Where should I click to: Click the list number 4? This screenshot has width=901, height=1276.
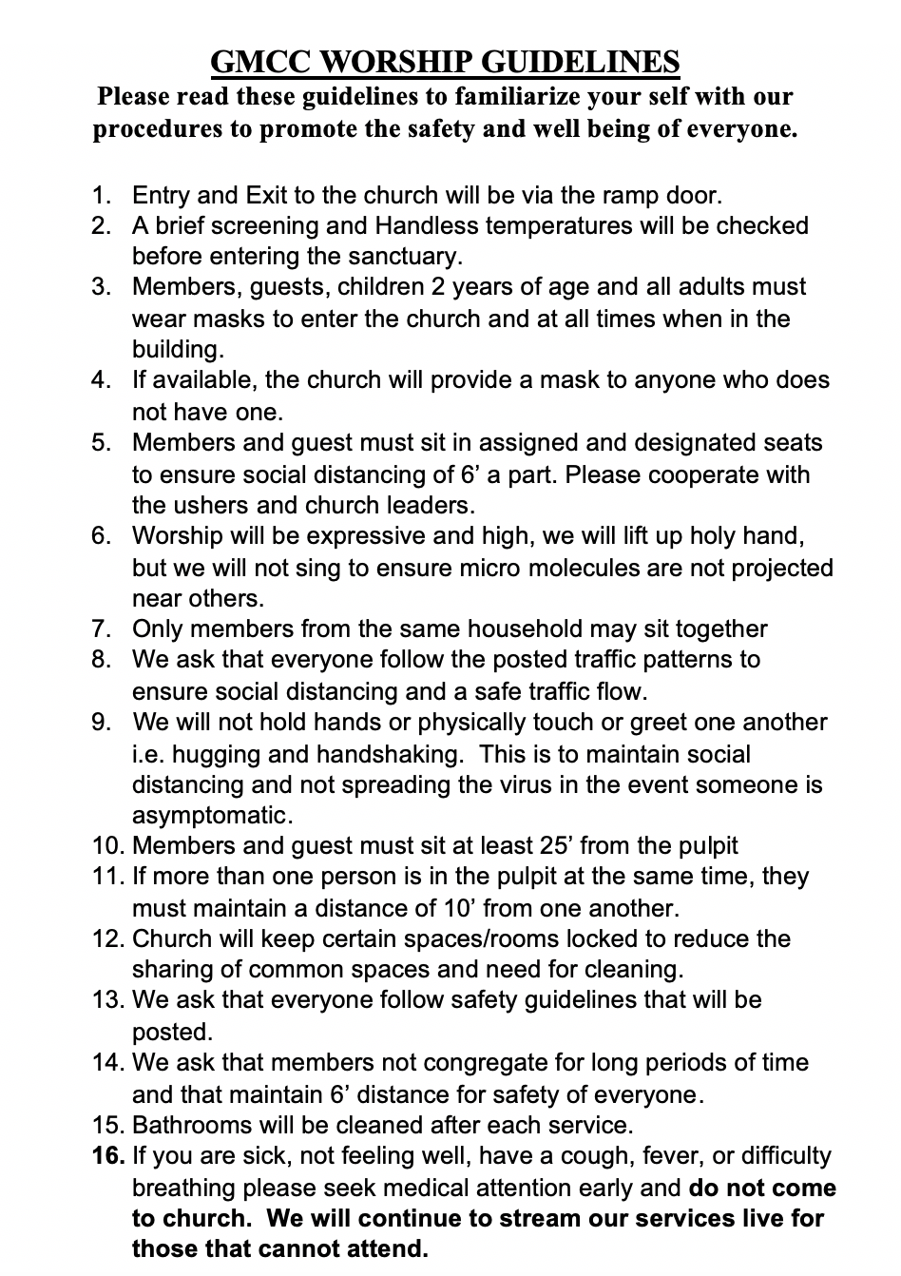click(x=101, y=379)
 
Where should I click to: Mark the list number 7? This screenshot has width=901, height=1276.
click(x=101, y=628)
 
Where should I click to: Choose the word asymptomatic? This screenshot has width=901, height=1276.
click(x=209, y=815)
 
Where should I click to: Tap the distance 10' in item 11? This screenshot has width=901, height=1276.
click(x=462, y=907)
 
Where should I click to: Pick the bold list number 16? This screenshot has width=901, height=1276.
click(x=108, y=1156)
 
